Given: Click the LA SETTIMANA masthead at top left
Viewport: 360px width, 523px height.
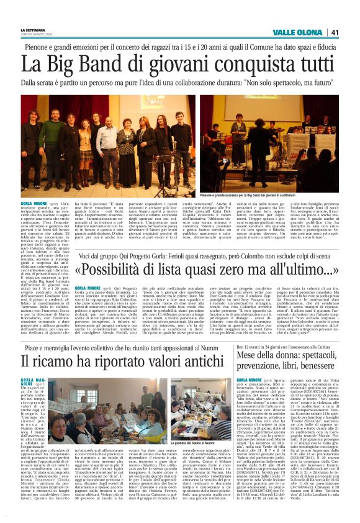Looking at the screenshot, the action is click(x=31, y=29).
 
